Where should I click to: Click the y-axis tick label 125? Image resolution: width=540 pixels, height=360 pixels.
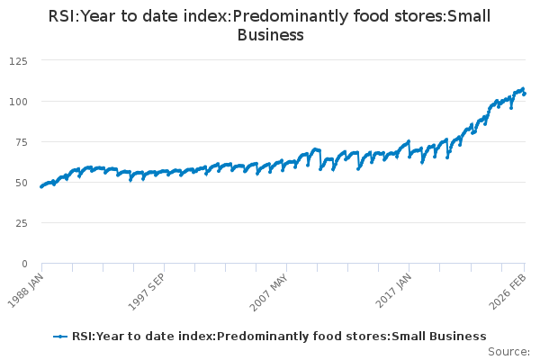click(x=17, y=60)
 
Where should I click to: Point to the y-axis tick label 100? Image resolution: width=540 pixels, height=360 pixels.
click(x=17, y=101)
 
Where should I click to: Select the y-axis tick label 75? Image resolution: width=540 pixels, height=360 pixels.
click(x=20, y=141)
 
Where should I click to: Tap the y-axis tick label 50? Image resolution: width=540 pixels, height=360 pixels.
click(x=20, y=182)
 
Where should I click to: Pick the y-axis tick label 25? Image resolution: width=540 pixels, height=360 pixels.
click(x=20, y=222)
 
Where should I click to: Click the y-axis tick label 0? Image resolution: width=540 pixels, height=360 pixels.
click(x=23, y=264)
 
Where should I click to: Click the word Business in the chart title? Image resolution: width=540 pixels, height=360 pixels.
click(x=270, y=35)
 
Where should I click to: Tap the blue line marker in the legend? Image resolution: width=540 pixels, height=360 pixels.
click(x=60, y=337)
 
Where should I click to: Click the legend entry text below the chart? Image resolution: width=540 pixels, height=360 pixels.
click(x=279, y=337)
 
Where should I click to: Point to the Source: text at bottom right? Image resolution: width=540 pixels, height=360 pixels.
click(x=508, y=351)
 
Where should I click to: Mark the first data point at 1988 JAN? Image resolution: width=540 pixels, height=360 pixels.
click(x=41, y=187)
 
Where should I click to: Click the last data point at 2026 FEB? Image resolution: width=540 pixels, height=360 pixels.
click(x=525, y=94)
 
